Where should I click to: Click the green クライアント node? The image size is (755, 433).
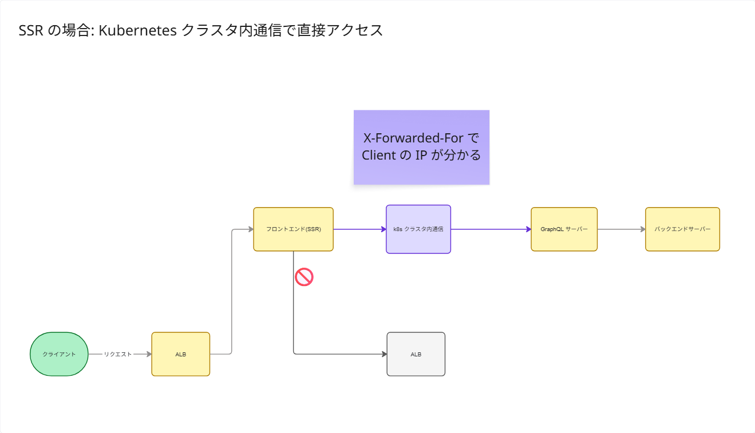pyautogui.click(x=59, y=354)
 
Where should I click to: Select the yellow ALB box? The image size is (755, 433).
pyautogui.click(x=181, y=354)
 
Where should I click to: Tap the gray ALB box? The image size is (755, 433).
pyautogui.click(x=416, y=354)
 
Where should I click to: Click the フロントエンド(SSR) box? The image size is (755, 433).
pyautogui.click(x=293, y=229)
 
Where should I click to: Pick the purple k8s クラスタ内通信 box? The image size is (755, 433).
pyautogui.click(x=418, y=229)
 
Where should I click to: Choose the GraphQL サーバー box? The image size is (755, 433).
pyautogui.click(x=564, y=229)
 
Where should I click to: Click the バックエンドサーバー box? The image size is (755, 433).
pyautogui.click(x=682, y=229)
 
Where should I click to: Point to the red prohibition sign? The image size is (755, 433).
pyautogui.click(x=304, y=277)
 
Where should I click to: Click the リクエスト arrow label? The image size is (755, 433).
pyautogui.click(x=117, y=354)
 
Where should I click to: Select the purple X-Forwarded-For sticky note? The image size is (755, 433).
pyautogui.click(x=421, y=147)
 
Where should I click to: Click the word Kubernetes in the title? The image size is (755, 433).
pyautogui.click(x=137, y=30)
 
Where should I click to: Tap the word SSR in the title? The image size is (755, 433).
pyautogui.click(x=31, y=30)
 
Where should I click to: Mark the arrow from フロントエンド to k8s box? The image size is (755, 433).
pyautogui.click(x=360, y=229)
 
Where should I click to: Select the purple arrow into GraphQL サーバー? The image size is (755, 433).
pyautogui.click(x=491, y=229)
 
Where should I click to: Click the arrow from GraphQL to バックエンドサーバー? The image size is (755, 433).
pyautogui.click(x=622, y=229)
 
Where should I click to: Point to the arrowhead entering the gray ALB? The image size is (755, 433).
pyautogui.click(x=384, y=354)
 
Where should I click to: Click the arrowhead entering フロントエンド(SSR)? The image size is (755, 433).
pyautogui.click(x=251, y=229)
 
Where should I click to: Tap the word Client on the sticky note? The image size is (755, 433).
pyautogui.click(x=378, y=155)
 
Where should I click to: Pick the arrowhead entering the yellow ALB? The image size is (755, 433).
pyautogui.click(x=149, y=354)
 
